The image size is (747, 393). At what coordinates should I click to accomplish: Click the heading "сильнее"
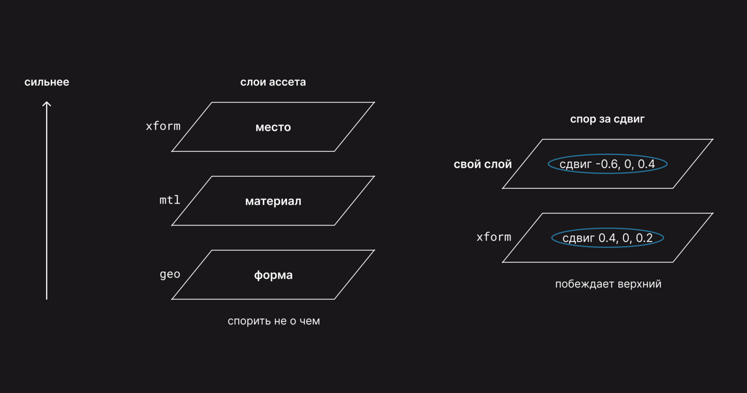click(x=47, y=82)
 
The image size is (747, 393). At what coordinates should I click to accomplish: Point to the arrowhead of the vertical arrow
click(x=47, y=102)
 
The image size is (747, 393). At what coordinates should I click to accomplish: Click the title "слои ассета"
click(x=273, y=82)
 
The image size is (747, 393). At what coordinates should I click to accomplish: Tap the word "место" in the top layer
click(x=273, y=128)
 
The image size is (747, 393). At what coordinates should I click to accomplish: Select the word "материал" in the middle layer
click(x=273, y=201)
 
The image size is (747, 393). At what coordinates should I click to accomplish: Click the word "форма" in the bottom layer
click(x=273, y=275)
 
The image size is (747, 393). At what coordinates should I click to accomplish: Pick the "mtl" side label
click(x=170, y=200)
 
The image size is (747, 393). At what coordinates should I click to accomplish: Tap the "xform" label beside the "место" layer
click(x=163, y=127)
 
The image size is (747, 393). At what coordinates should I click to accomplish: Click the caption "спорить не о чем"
click(x=274, y=321)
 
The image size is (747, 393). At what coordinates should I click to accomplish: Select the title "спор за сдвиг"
click(x=607, y=119)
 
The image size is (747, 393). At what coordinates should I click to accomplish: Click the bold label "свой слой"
click(x=482, y=164)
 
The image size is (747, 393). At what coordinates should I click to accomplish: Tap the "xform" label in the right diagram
click(x=493, y=237)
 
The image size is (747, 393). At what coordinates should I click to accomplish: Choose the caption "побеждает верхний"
click(x=608, y=284)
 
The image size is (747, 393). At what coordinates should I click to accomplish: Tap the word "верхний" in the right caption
click(x=639, y=284)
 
